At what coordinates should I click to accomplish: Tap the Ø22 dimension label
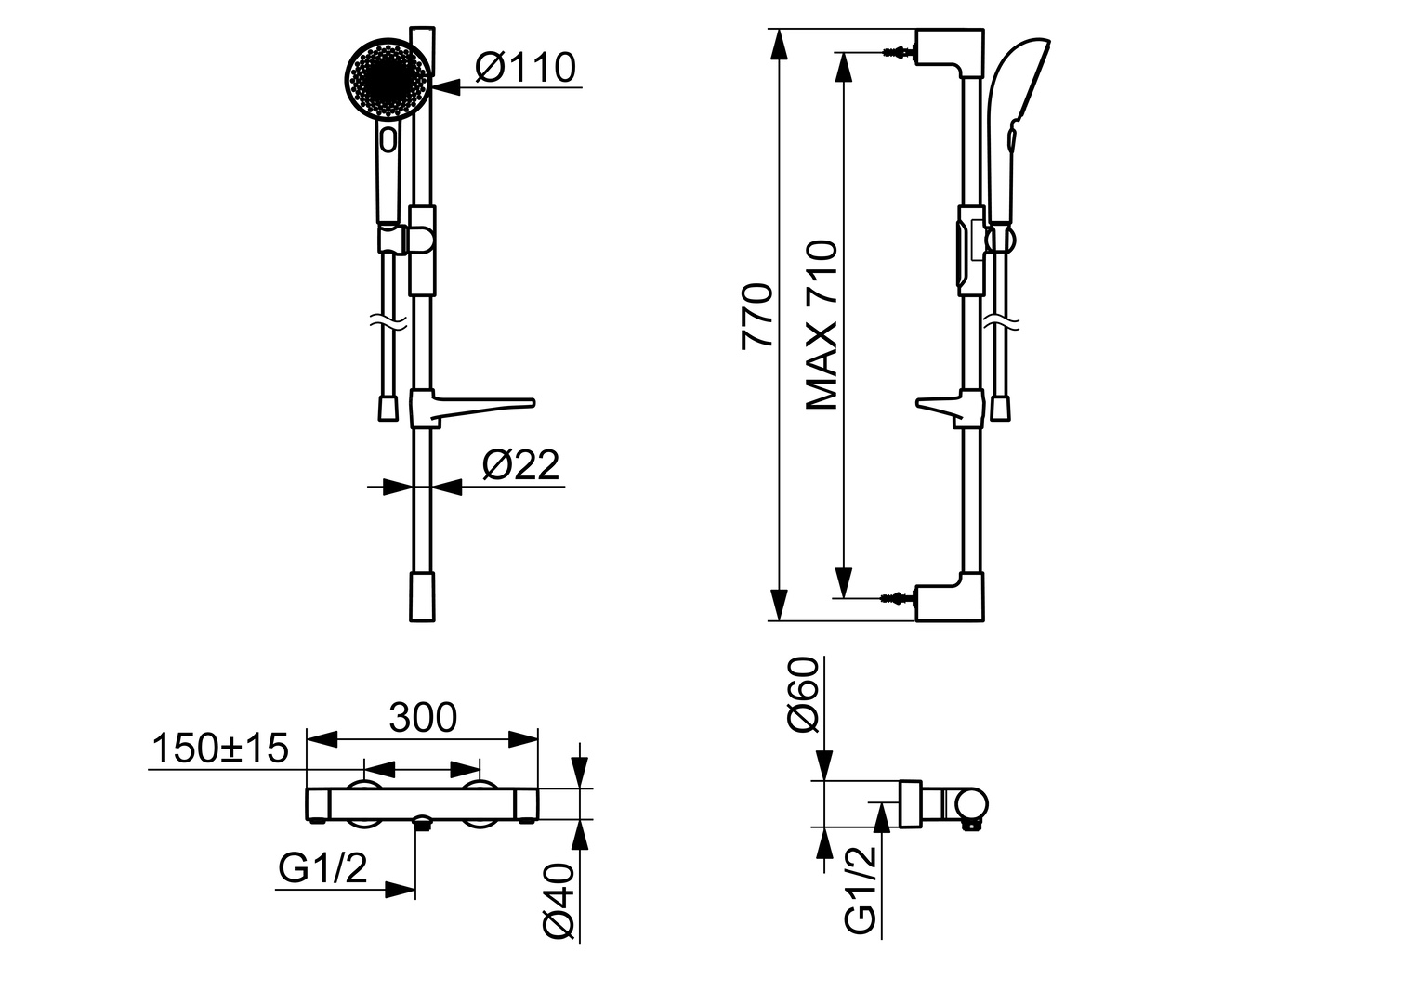pos(521,465)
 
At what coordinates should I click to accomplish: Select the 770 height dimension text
pos(757,316)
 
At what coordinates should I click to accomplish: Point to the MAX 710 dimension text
pos(822,325)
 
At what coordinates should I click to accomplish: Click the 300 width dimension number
pos(423,717)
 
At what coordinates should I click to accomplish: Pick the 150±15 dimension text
pos(220,748)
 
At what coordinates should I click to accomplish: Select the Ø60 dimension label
pos(803,694)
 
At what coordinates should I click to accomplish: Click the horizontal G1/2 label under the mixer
pos(322,868)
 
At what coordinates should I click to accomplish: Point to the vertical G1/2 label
pos(861,891)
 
